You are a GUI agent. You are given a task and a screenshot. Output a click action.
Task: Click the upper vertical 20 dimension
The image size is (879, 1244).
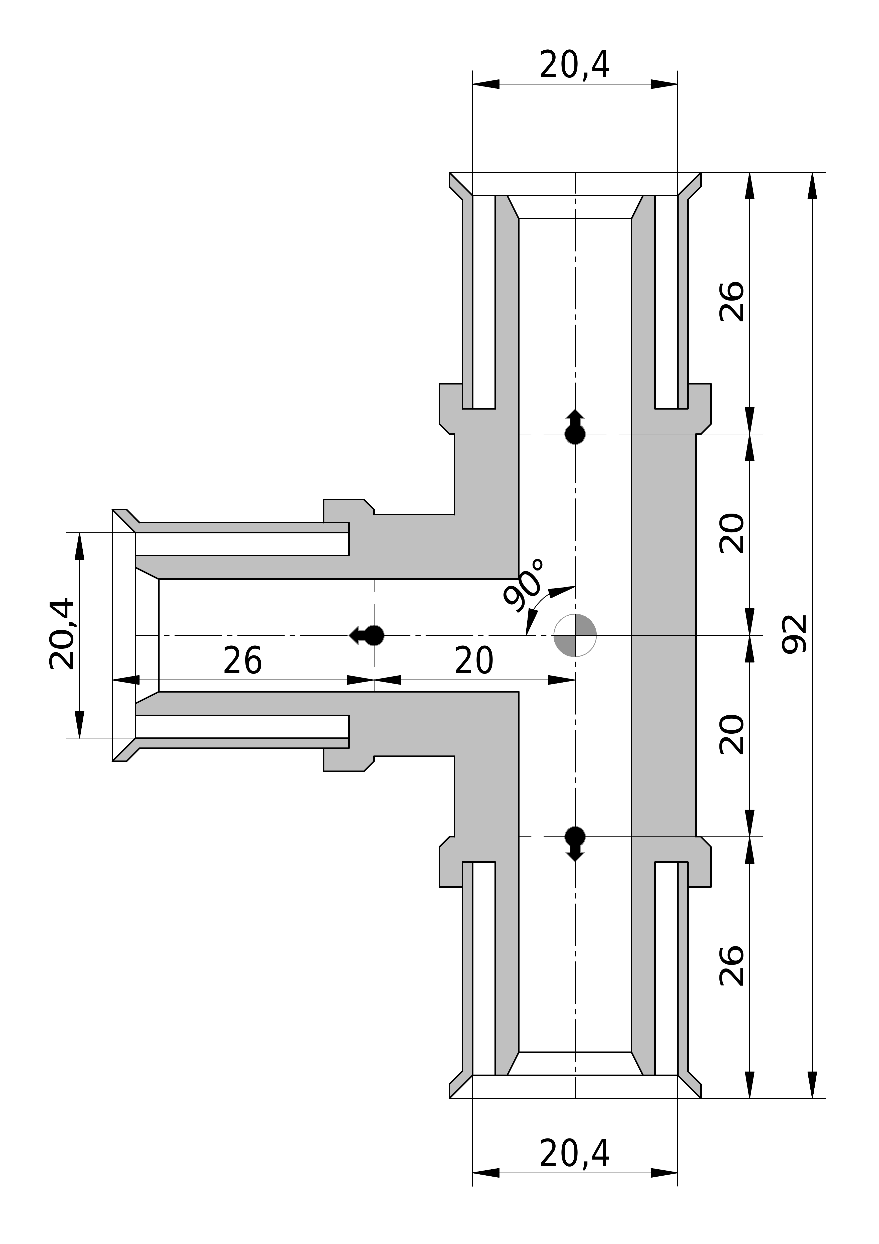point(732,533)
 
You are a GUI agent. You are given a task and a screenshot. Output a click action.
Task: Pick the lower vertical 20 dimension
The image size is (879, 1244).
point(732,735)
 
